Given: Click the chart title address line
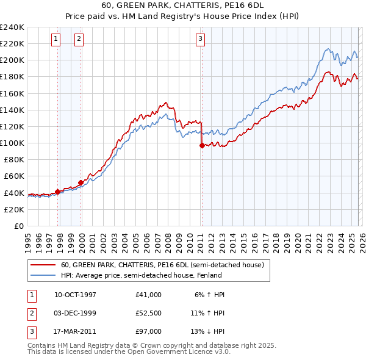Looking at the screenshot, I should click(x=182, y=7).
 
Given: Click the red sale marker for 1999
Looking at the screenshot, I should click(x=81, y=182).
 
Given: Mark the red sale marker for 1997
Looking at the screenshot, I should click(x=57, y=192).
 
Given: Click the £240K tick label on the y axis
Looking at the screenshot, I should click(x=12, y=27).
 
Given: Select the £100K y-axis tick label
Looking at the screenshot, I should click(x=12, y=143).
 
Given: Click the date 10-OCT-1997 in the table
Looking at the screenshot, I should click(x=75, y=295).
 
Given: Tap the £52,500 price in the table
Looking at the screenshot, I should click(x=149, y=313).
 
